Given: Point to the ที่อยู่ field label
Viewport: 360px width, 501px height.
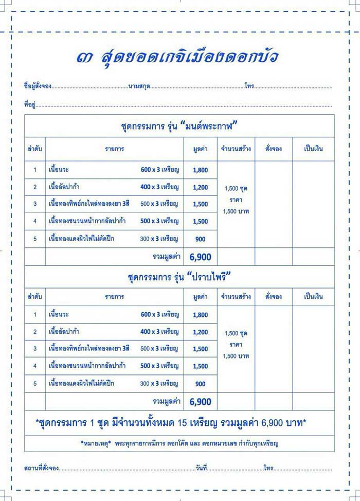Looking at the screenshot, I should pyautogui.click(x=29, y=104).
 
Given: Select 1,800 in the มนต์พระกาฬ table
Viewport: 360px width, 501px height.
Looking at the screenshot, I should pyautogui.click(x=201, y=170).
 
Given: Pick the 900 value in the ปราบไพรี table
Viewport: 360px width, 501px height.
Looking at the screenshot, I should pyautogui.click(x=201, y=384).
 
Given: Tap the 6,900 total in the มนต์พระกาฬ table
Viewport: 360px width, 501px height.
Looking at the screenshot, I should pyautogui.click(x=200, y=257).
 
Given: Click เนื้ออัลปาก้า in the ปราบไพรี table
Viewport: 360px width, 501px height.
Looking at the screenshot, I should pyautogui.click(x=64, y=332).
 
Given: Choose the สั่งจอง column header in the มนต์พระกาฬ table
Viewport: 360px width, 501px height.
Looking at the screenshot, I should pyautogui.click(x=274, y=149).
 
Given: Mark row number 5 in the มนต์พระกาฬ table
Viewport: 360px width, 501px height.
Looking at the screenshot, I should pyautogui.click(x=35, y=239).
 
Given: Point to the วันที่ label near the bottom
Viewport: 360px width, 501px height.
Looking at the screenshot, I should pyautogui.click(x=201, y=468).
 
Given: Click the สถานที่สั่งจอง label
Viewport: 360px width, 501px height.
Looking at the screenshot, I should pyautogui.click(x=41, y=468).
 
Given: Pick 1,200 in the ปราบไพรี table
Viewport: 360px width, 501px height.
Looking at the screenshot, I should pyautogui.click(x=201, y=332).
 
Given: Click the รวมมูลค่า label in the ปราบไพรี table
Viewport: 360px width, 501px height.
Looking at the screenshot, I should pyautogui.click(x=166, y=401).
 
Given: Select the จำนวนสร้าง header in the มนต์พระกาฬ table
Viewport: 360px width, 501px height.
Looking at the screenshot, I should pyautogui.click(x=236, y=149).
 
